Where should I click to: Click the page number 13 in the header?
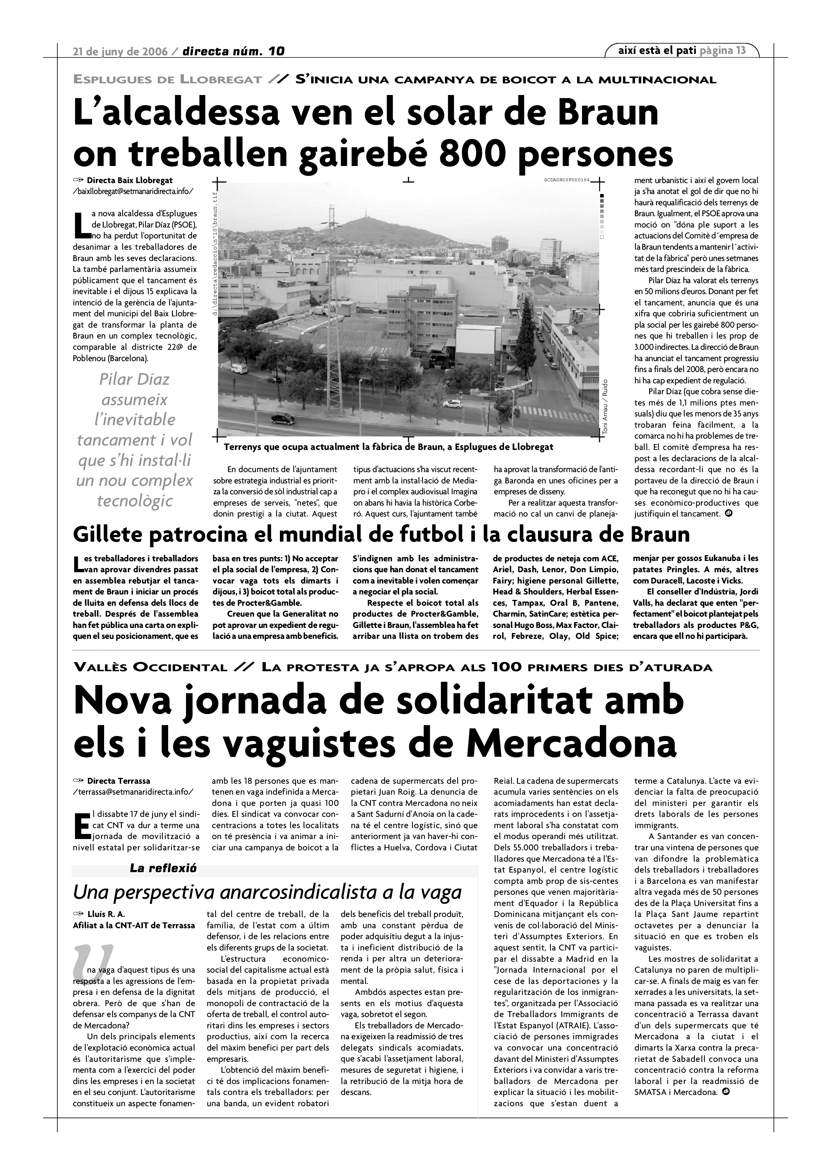tap(740, 50)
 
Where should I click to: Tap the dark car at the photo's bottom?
tap(282, 419)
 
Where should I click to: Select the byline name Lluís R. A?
tap(106, 914)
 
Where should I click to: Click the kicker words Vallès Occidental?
tap(150, 667)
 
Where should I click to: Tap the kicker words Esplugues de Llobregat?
tap(168, 79)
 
